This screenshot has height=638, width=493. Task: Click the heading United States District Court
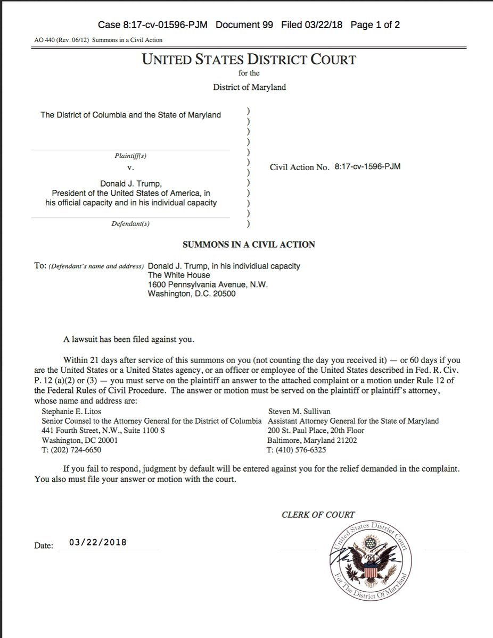[249, 59]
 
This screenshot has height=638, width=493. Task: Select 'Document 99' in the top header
[245, 25]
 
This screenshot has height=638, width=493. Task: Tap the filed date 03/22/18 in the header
[311, 25]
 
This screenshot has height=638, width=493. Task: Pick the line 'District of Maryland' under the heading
[249, 87]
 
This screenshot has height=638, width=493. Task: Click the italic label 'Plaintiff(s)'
[130, 156]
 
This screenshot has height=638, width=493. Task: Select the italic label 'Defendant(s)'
[130, 224]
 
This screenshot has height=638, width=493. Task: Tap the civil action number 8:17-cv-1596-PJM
[367, 166]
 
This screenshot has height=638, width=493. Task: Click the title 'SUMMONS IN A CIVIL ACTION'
[249, 245]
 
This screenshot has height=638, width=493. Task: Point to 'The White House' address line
[179, 275]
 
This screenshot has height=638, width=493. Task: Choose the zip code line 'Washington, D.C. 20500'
[192, 293]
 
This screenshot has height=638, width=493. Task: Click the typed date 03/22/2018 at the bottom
[98, 542]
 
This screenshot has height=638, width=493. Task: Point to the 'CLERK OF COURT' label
[318, 514]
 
